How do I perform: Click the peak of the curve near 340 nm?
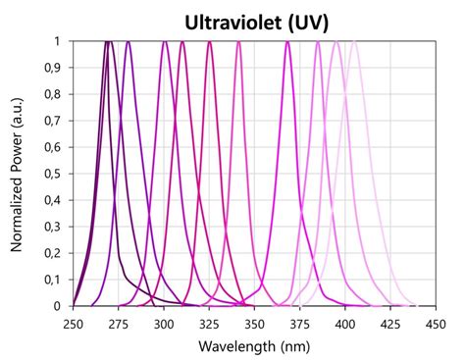[238, 42]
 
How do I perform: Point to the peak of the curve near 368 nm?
[287, 42]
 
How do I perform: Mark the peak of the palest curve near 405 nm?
[354, 42]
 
